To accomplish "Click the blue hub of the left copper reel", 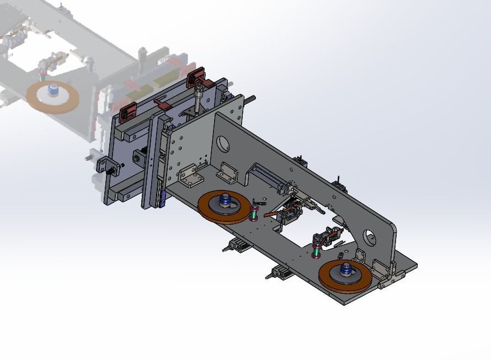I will point(225,200).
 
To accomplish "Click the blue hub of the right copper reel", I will point(346,269).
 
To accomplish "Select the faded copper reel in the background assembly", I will point(53,97).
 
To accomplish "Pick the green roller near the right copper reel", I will point(316,252).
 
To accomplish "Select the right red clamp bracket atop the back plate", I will point(195,76).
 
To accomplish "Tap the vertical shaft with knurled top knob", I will point(198,99).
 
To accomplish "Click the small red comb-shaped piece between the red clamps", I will point(162,104).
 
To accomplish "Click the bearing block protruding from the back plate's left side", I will point(105,166).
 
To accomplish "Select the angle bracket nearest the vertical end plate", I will point(188,175).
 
